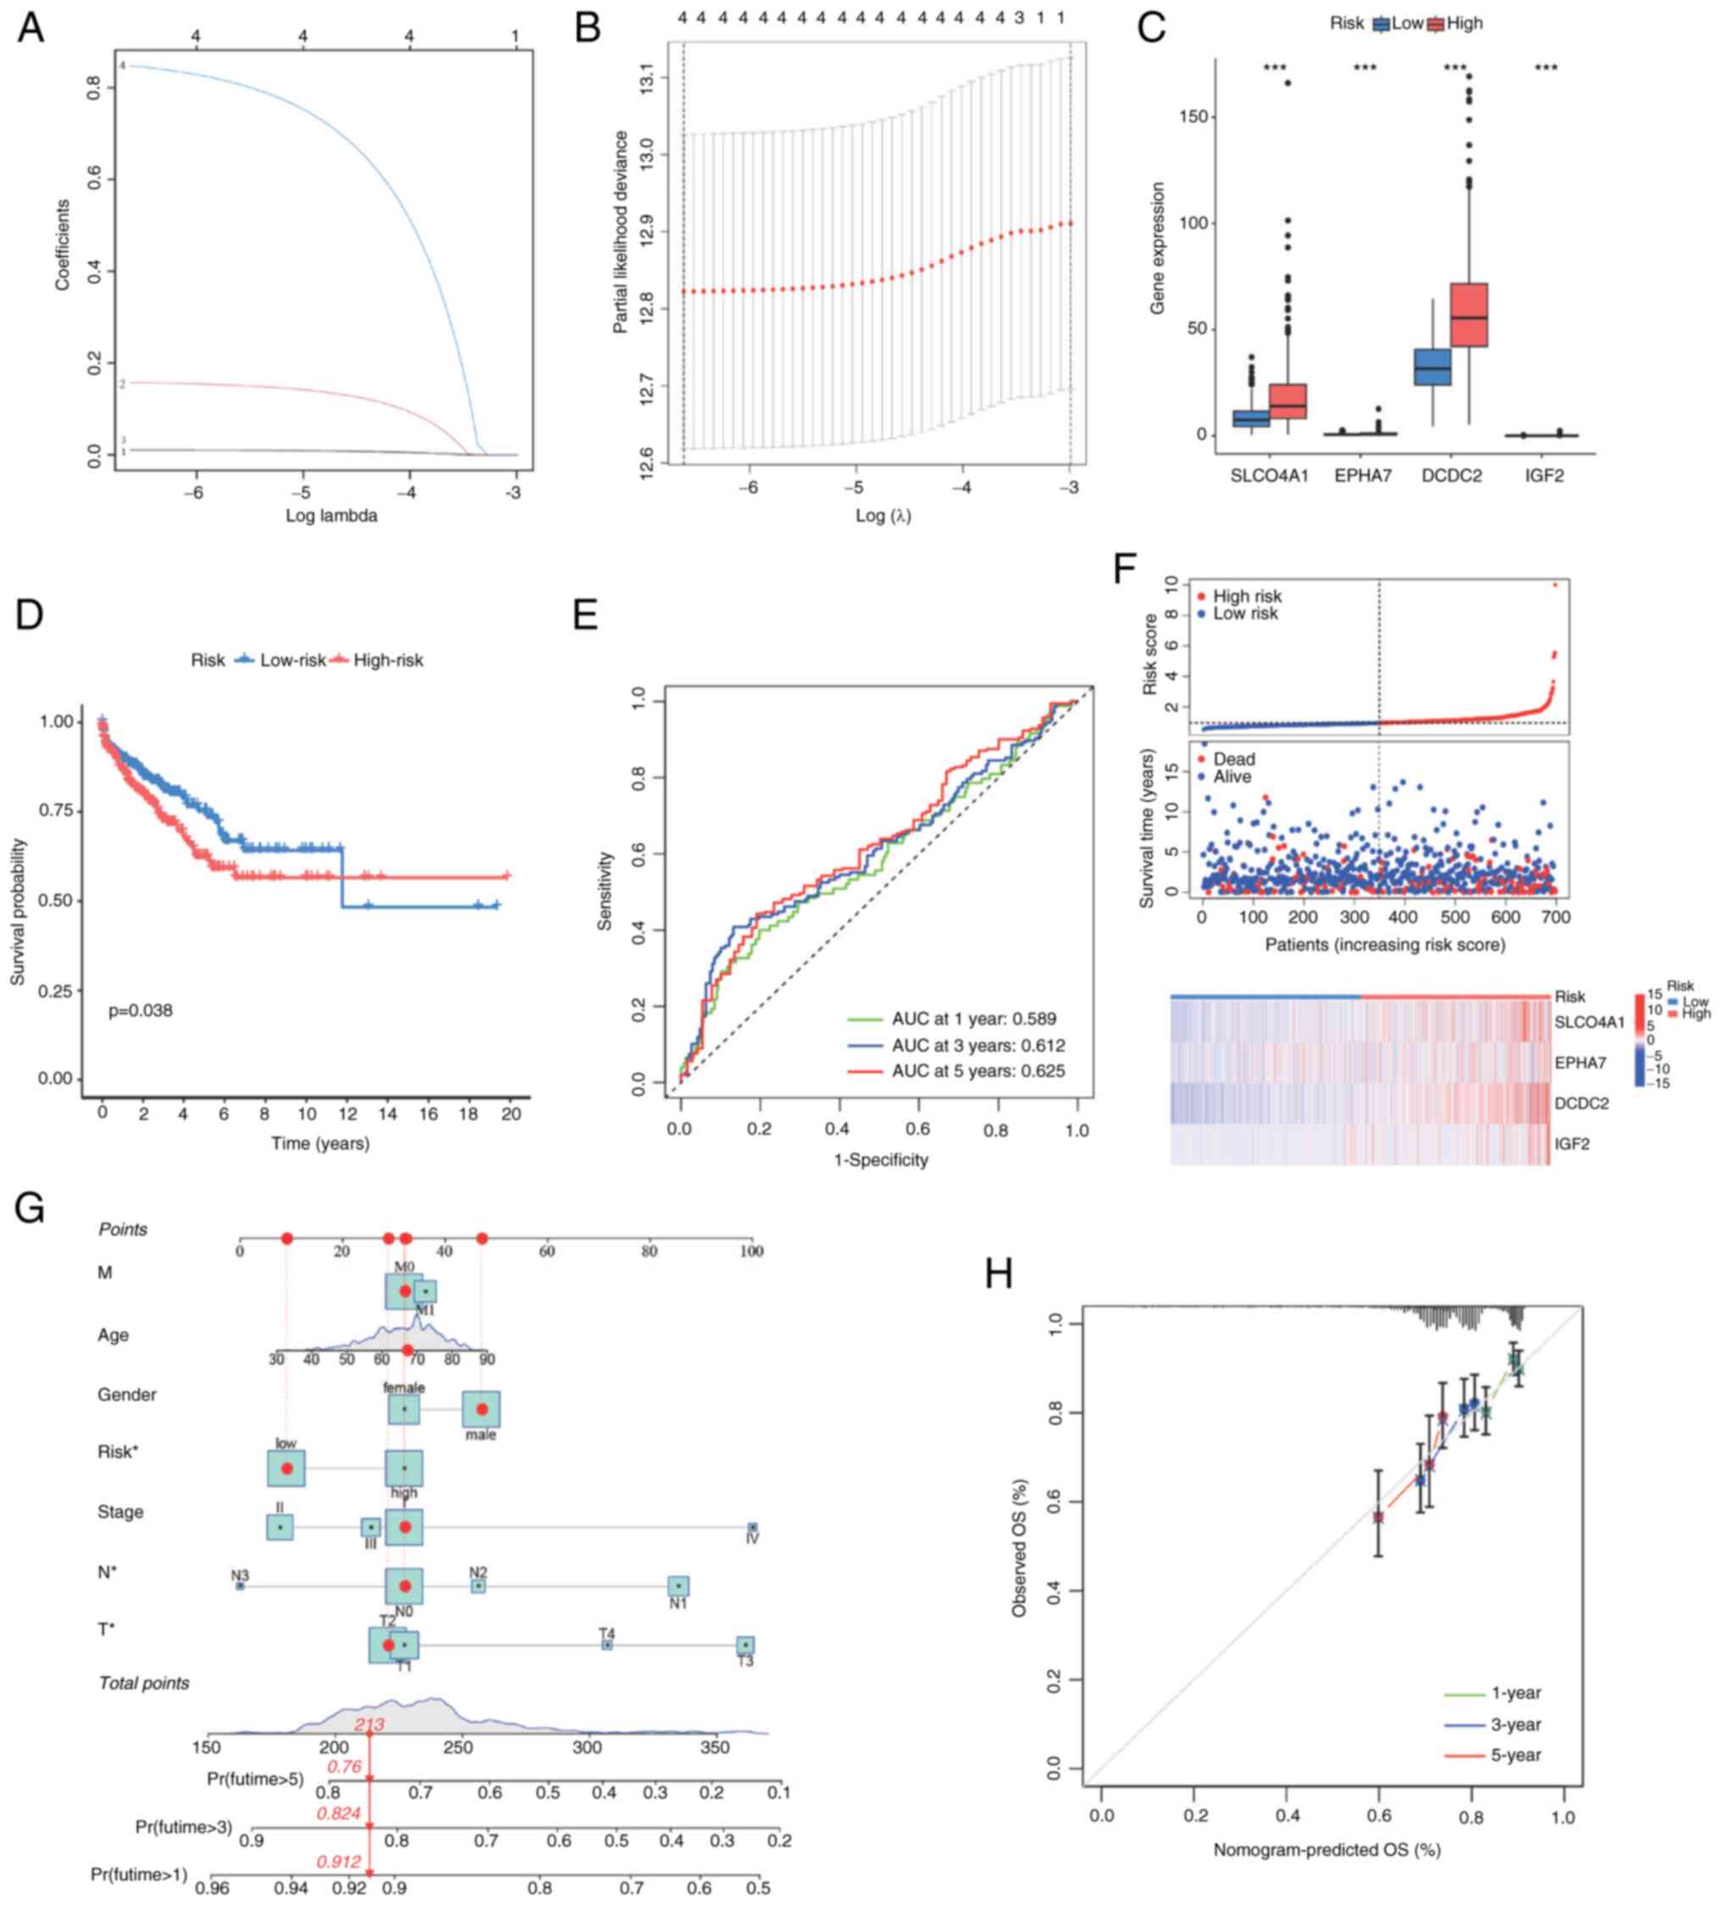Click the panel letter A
(30, 28)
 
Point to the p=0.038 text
(140, 1011)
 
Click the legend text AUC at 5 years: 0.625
(977, 1072)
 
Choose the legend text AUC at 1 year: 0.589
(973, 1019)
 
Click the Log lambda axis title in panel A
(331, 516)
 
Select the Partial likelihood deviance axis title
(621, 233)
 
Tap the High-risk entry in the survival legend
(388, 660)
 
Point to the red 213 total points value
(368, 1725)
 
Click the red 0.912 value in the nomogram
(338, 1861)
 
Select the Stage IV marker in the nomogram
(752, 1527)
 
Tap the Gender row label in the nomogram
(127, 1394)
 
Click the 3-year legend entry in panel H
(1516, 1725)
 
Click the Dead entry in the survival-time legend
(1233, 759)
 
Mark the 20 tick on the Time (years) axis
(511, 1115)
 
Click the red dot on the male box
(481, 1409)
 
